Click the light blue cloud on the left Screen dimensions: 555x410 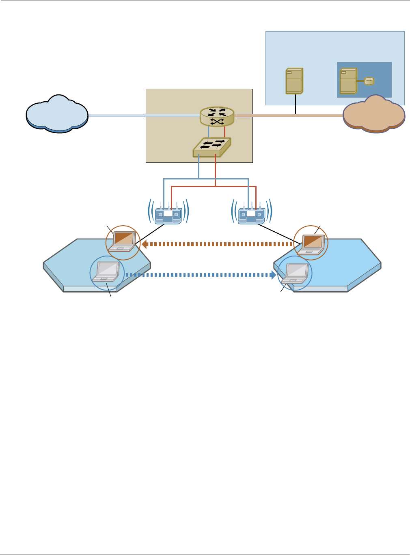point(57,114)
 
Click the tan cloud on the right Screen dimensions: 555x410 point(374,114)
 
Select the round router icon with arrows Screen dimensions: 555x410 point(217,117)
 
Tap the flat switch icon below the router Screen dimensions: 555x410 point(211,147)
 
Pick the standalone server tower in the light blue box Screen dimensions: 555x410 point(294,81)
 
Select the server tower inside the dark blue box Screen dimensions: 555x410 point(348,81)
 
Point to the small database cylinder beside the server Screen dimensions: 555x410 point(369,81)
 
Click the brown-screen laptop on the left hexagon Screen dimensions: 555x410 point(123,242)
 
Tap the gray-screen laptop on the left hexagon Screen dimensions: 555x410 point(106,271)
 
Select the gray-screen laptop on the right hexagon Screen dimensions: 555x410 point(296,273)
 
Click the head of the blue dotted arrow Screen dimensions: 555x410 point(273,275)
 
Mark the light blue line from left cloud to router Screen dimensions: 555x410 point(142,115)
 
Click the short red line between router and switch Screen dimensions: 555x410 point(224,132)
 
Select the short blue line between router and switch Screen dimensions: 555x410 point(208,132)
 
